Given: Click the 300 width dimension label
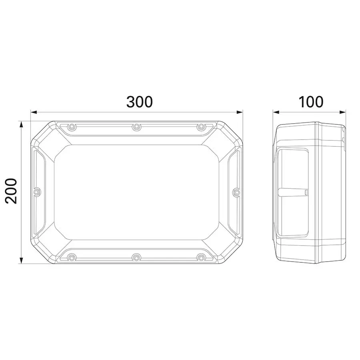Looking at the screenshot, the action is click(139, 102).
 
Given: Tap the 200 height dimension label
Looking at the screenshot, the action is click(11, 191).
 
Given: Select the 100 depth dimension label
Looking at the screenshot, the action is click(311, 102).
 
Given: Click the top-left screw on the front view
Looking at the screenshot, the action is click(72, 126).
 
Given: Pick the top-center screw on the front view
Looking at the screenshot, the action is click(136, 126).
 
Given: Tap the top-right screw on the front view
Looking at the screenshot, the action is click(201, 126).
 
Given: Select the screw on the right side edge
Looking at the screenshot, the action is click(236, 192).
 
